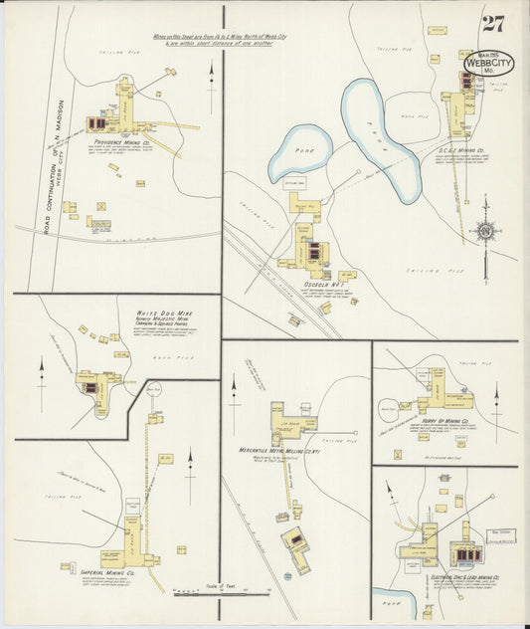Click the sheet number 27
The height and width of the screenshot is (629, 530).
492,25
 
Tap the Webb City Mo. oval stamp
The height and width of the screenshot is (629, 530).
489,62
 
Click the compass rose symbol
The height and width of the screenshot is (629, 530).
485,231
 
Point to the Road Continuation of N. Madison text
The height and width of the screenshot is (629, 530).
59,159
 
